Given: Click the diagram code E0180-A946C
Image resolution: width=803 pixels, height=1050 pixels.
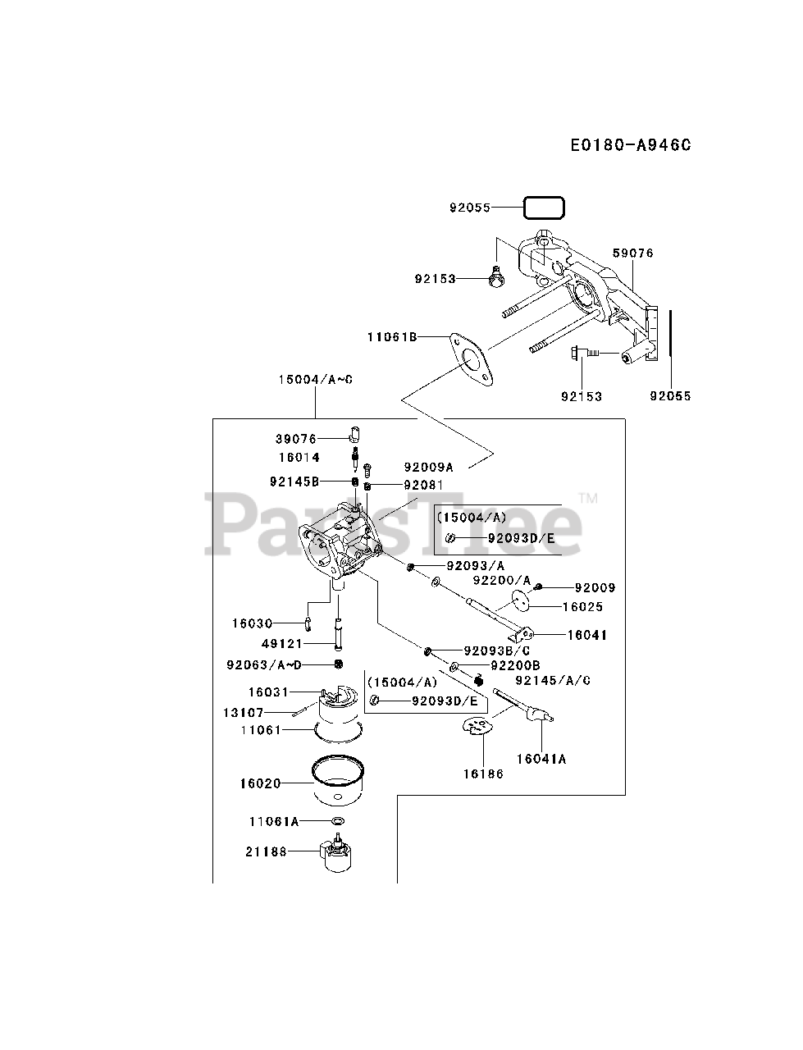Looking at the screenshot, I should tap(631, 145).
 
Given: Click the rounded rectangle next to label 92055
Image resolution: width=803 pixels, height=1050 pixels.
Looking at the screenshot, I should tap(545, 208).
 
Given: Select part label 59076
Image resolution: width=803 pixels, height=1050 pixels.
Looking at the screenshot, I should tap(633, 253).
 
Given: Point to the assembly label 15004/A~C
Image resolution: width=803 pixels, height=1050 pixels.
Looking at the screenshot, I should tap(315, 379).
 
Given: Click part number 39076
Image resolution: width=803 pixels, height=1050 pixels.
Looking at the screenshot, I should tap(295, 439).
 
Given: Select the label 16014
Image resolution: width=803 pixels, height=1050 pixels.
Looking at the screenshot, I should tap(299, 457).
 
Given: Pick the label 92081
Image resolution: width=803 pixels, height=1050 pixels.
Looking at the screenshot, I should tap(423, 485).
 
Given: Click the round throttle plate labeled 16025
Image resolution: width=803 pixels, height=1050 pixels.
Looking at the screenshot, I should tap(518, 600).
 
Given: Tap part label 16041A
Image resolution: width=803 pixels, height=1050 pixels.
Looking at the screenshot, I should tap(541, 759).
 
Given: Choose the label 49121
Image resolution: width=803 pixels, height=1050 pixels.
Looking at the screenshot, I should tap(282, 644).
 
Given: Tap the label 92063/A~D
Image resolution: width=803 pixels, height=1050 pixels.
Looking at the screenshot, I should tap(264, 664).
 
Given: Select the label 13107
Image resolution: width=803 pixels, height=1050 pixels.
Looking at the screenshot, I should tap(244, 712).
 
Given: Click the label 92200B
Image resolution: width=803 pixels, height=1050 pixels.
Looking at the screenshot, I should tap(515, 664).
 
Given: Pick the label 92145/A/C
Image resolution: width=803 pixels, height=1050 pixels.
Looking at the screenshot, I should tap(553, 680).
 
